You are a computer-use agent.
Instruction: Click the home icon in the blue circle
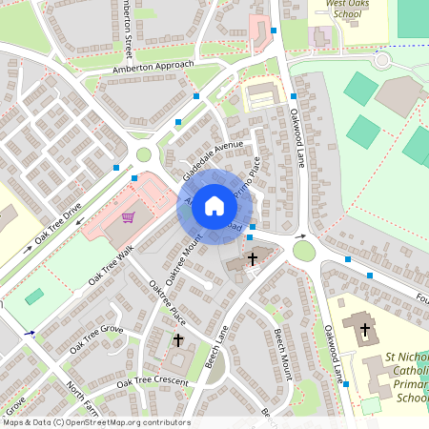pyautogui.click(x=214, y=206)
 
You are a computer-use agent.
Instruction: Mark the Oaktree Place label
pyautogui.click(x=164, y=299)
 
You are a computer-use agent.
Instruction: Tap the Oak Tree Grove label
pyautogui.click(x=96, y=337)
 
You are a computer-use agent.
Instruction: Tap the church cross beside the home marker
pyautogui.click(x=253, y=258)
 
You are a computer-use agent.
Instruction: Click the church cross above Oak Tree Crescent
pyautogui.click(x=177, y=339)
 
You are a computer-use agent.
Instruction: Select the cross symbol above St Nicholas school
pyautogui.click(x=364, y=329)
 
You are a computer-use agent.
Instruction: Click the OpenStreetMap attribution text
pyautogui.click(x=95, y=422)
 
